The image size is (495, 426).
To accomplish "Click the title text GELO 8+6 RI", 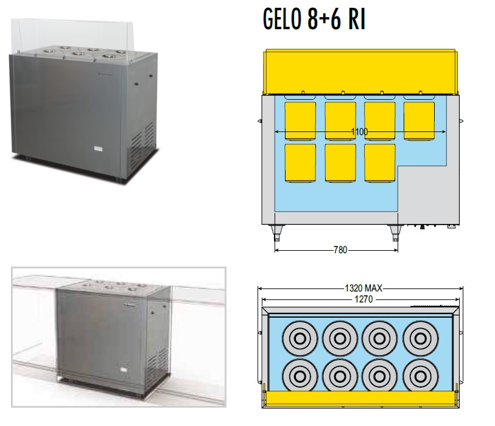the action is point(314,19).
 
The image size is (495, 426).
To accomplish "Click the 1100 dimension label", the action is point(359,131).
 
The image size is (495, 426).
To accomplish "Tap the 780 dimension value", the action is point(340,250).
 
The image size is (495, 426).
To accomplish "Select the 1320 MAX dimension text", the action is point(363,288).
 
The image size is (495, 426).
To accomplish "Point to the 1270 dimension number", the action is point(363,299).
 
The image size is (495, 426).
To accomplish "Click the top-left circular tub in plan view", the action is point(300,338).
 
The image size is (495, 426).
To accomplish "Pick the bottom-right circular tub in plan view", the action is point(420,375).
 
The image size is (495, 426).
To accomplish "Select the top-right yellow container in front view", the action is point(420,121).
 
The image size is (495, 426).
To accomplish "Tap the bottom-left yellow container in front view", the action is point(300,163).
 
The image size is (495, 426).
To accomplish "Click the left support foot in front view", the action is point(276,233).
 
